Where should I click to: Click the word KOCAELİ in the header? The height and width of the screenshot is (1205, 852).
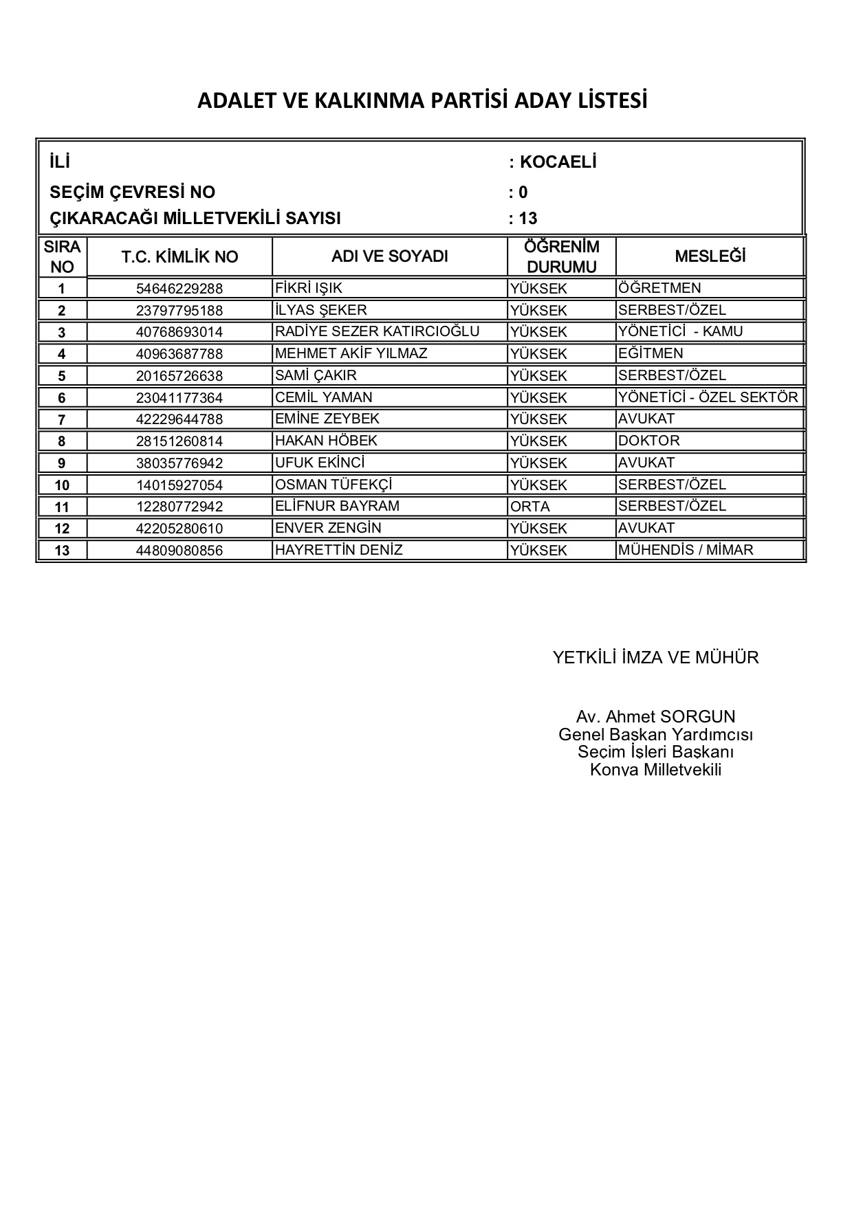tap(558, 162)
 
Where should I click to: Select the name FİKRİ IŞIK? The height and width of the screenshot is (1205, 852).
tap(308, 288)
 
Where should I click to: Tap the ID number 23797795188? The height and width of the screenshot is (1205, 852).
tap(179, 310)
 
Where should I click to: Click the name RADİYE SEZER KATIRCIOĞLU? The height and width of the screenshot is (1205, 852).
tap(377, 331)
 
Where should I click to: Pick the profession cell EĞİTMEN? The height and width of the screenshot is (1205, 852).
tap(651, 353)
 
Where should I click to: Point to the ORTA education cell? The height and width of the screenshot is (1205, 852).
tap(530, 507)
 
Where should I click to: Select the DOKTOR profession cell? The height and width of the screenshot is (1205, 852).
tap(648, 441)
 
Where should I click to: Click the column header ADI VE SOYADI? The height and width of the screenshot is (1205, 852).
tap(389, 256)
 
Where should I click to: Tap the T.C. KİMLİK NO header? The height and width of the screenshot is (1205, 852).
tap(179, 257)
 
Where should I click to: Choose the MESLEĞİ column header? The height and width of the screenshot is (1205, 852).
tap(710, 256)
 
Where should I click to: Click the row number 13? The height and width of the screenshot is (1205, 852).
tap(62, 551)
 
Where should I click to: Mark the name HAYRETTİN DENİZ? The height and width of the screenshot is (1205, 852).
tap(338, 550)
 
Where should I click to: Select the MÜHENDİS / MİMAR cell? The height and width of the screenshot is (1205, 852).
tap(686, 550)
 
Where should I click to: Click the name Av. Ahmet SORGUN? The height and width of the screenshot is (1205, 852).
tap(655, 717)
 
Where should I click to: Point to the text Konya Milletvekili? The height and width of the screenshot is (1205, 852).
tap(655, 769)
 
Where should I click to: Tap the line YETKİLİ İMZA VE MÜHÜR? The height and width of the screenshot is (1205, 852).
tap(655, 658)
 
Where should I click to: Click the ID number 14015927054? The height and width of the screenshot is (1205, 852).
tap(179, 485)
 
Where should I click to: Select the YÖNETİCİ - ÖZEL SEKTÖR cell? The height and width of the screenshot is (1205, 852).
tap(708, 397)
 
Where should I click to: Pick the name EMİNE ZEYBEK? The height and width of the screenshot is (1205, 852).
tap(327, 419)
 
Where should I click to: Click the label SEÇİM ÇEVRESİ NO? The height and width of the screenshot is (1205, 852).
tap(133, 192)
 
